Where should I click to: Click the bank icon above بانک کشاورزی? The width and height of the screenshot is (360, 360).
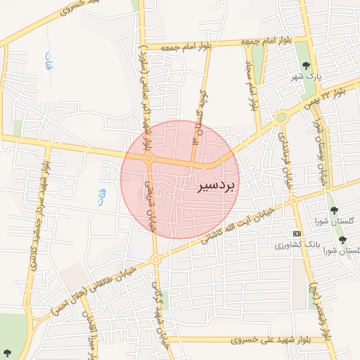pyautogui.click(x=297, y=233)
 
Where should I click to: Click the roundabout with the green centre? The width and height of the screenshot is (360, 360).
pyautogui.click(x=281, y=117)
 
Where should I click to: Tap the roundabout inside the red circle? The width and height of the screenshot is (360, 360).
pyautogui.click(x=149, y=160)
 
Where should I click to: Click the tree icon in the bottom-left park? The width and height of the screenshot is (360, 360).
pyautogui.click(x=7, y=352)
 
